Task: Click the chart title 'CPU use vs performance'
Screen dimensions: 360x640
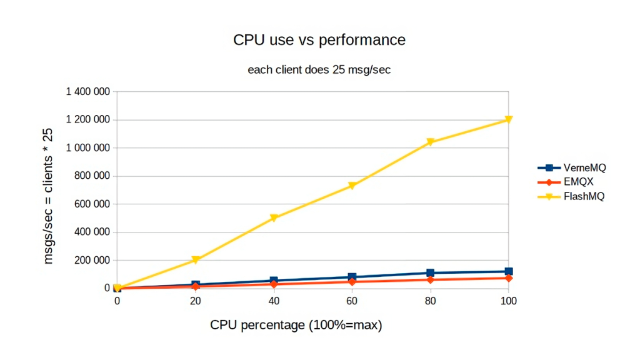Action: coord(319,40)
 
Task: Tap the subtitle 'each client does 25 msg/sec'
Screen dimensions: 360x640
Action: coord(319,69)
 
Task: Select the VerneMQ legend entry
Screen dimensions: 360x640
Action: coord(572,167)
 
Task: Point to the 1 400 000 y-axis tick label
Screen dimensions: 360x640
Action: coord(88,92)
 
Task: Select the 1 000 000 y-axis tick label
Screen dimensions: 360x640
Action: coord(88,148)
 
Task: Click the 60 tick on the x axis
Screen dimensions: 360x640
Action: coord(352,301)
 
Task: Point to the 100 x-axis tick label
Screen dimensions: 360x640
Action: coord(508,301)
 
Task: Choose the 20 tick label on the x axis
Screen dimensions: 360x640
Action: coord(195,301)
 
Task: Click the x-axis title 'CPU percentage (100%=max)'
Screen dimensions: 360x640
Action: coord(296,326)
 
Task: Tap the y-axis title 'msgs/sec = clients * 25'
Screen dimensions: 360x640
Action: coord(49,196)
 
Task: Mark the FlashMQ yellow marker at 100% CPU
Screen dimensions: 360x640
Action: coord(508,119)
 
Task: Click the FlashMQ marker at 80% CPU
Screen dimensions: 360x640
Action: coord(430,142)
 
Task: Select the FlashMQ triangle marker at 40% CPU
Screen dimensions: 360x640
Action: coord(274,218)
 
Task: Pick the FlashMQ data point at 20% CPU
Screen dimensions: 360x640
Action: coord(196,260)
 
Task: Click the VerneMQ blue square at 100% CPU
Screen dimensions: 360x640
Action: coord(508,272)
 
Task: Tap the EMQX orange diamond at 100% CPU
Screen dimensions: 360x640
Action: coord(508,277)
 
